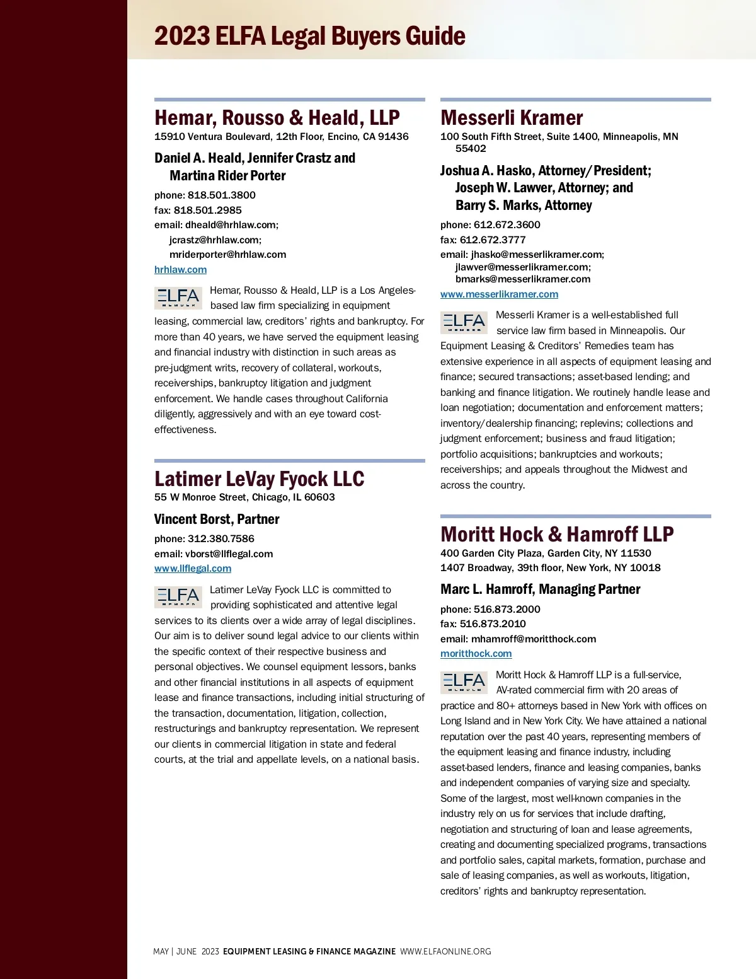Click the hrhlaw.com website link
pos(180,270)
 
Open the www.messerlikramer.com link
pos(499,294)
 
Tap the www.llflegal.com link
pos(193,569)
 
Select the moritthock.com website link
pos(476,654)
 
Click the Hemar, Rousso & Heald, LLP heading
pos(277,118)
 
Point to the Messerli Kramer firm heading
pos(512,118)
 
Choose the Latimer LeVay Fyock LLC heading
pos(259,479)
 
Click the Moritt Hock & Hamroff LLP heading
pos(557,535)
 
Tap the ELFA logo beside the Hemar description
pos(178,298)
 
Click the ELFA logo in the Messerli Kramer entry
pos(464,323)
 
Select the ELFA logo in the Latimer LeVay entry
pos(178,597)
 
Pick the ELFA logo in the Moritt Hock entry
pos(464,682)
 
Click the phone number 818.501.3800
pos(221,195)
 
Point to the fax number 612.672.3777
pos(492,240)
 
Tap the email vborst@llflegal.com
pos(229,554)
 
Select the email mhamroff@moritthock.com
pos(533,639)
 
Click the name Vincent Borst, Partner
pos(217,519)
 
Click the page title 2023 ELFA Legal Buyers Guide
pos(309,36)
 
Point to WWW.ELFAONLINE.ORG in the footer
pos(445,952)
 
